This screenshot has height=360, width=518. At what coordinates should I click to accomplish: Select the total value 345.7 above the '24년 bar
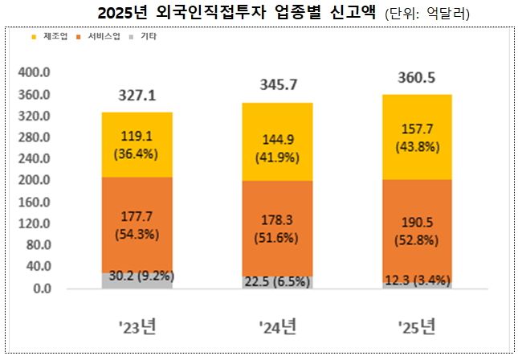[277, 84]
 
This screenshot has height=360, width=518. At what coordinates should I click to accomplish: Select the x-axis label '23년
[137, 327]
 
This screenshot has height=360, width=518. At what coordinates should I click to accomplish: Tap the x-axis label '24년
[277, 327]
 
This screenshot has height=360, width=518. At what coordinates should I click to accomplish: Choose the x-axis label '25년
[416, 327]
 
